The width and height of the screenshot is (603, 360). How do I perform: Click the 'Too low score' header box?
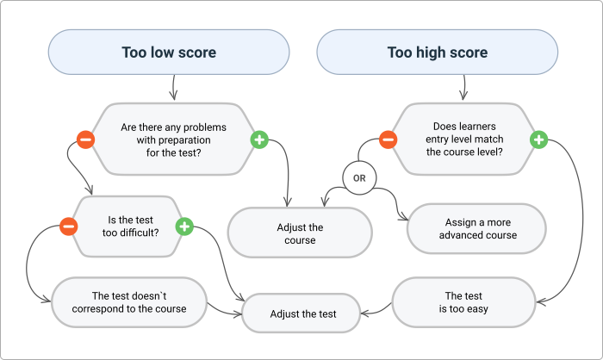click(x=168, y=53)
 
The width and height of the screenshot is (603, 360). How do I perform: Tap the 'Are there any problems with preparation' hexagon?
click(x=172, y=138)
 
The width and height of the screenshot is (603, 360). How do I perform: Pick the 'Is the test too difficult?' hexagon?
click(x=127, y=226)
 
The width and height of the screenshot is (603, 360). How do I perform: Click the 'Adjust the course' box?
click(x=300, y=233)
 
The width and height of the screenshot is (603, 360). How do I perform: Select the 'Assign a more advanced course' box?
click(x=476, y=228)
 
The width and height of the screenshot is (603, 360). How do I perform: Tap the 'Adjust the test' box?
click(x=302, y=313)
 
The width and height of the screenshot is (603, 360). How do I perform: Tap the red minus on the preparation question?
click(x=85, y=139)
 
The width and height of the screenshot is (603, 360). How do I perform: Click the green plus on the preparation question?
click(x=258, y=139)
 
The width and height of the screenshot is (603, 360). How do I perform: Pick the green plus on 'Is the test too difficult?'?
click(x=183, y=227)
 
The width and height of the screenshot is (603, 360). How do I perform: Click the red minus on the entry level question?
click(x=389, y=139)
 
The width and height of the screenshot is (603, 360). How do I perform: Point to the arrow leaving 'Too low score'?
click(x=173, y=87)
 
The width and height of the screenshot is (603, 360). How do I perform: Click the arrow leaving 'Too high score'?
click(x=464, y=87)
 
